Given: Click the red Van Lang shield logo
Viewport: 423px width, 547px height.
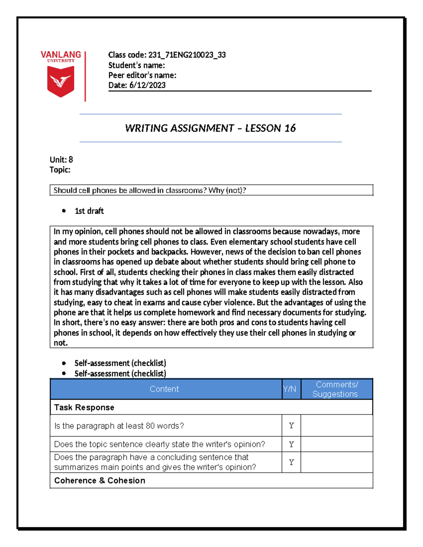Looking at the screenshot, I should pyautogui.click(x=61, y=81).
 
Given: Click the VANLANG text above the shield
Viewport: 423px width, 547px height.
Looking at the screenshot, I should pyautogui.click(x=61, y=55).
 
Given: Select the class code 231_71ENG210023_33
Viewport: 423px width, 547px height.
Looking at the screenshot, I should pyautogui.click(x=187, y=55).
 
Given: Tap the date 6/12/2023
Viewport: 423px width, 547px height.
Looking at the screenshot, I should pyautogui.click(x=147, y=85).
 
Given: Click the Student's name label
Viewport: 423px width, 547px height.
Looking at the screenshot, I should pyautogui.click(x=136, y=66).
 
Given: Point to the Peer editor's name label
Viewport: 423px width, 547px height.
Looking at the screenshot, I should pyautogui.click(x=142, y=75).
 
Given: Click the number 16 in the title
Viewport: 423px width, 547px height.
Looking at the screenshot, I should pyautogui.click(x=290, y=128).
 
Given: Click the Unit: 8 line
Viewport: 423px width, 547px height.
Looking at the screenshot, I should pyautogui.click(x=61, y=160).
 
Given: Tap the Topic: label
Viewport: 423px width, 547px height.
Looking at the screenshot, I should pyautogui.click(x=60, y=170).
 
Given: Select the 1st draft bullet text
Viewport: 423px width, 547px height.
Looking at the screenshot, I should pyautogui.click(x=89, y=211).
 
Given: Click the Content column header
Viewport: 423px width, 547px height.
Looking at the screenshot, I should pyautogui.click(x=164, y=389).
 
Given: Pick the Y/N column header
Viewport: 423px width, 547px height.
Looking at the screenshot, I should pyautogui.click(x=290, y=389).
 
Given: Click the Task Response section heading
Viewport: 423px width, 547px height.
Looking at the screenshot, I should pyautogui.click(x=84, y=408).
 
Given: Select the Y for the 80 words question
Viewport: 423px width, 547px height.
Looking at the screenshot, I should pyautogui.click(x=291, y=426).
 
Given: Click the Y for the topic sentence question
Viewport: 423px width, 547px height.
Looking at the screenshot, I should pyautogui.click(x=291, y=445).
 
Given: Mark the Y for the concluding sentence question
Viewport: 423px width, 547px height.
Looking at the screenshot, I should pyautogui.click(x=291, y=462).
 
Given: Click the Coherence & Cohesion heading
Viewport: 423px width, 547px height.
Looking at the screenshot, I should pyautogui.click(x=99, y=481).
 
